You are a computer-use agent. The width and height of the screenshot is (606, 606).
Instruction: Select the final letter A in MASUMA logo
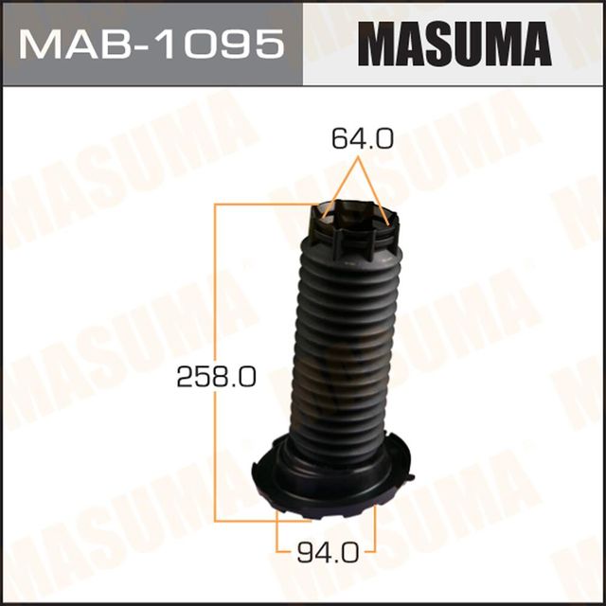pos(531,44)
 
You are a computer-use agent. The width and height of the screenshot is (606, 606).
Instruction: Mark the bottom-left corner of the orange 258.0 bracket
pos(218,519)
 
